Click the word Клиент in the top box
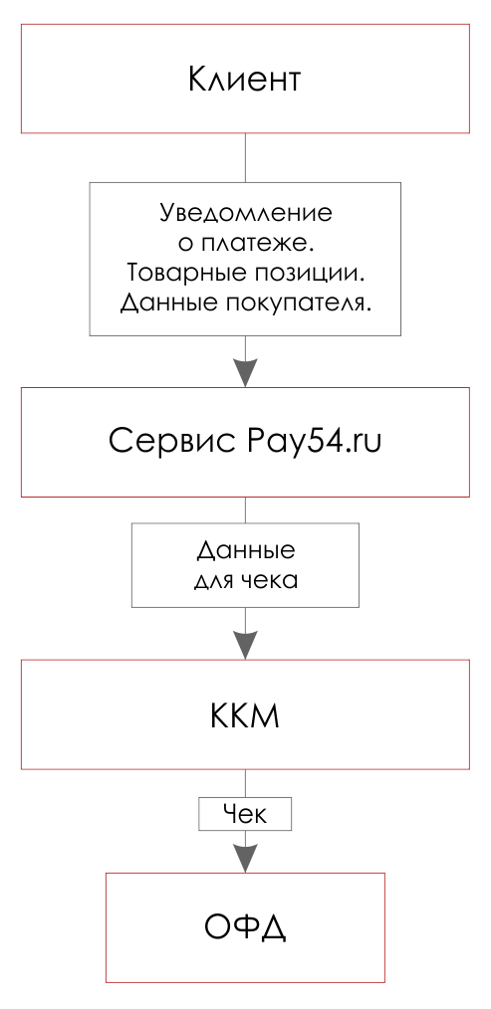(x=244, y=80)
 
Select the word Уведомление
(x=245, y=213)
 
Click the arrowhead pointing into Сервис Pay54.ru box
(x=245, y=372)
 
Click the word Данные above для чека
(x=245, y=551)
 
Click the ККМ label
(x=245, y=715)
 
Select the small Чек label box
(x=245, y=815)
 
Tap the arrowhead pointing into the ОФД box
(x=245, y=859)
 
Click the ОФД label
(x=245, y=927)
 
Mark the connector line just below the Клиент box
(x=245, y=157)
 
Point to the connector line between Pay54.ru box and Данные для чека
(x=245, y=509)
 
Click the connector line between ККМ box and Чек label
(x=245, y=784)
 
